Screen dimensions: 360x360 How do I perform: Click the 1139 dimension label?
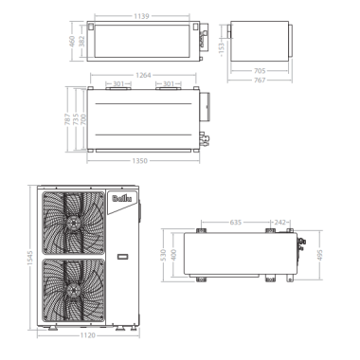(141, 16)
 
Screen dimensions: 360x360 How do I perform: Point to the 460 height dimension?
(72, 42)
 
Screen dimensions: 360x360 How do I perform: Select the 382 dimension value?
(82, 42)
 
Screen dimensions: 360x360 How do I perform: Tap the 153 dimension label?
(222, 48)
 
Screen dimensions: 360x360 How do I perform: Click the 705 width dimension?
(260, 71)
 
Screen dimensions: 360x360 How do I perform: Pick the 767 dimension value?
(260, 81)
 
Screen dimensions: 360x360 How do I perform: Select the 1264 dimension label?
(143, 75)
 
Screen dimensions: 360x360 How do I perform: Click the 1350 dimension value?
(139, 161)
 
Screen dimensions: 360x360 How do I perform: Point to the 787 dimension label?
(68, 119)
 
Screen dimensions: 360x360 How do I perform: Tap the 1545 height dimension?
(29, 258)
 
